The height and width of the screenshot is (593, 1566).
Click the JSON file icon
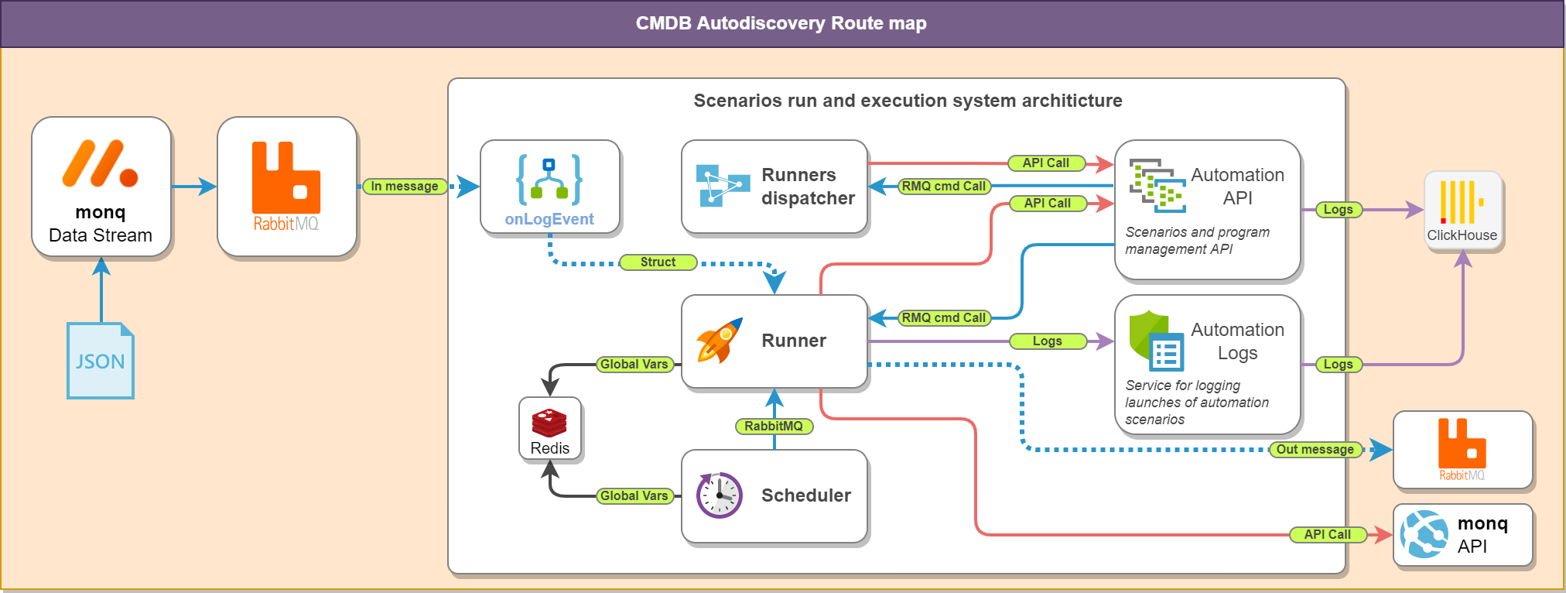tap(101, 361)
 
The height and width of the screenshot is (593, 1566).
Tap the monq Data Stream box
tap(101, 187)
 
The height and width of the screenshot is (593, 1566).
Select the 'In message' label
tap(404, 186)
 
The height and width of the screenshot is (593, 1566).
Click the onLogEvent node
tap(549, 187)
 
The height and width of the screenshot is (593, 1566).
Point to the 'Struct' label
tap(658, 262)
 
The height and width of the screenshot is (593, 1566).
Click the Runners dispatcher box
tap(774, 187)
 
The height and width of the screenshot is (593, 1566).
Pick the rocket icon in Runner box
tap(720, 341)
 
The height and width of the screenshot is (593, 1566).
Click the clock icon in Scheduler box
tap(720, 495)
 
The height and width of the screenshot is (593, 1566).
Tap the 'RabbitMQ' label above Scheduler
tap(773, 426)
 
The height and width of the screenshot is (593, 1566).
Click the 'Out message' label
tap(1315, 449)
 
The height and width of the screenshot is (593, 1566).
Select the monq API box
tap(1462, 535)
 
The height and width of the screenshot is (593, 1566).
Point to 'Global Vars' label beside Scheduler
tap(634, 495)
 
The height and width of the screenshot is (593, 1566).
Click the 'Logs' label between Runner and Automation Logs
tap(1047, 341)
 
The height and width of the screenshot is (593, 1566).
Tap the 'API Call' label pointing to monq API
tap(1327, 534)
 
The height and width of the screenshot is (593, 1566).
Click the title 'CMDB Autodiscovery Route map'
tap(781, 23)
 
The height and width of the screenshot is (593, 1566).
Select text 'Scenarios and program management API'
tap(1197, 241)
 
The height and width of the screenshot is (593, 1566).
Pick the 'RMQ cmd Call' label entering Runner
tap(943, 317)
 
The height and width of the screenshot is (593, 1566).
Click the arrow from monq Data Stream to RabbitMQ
tap(193, 187)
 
